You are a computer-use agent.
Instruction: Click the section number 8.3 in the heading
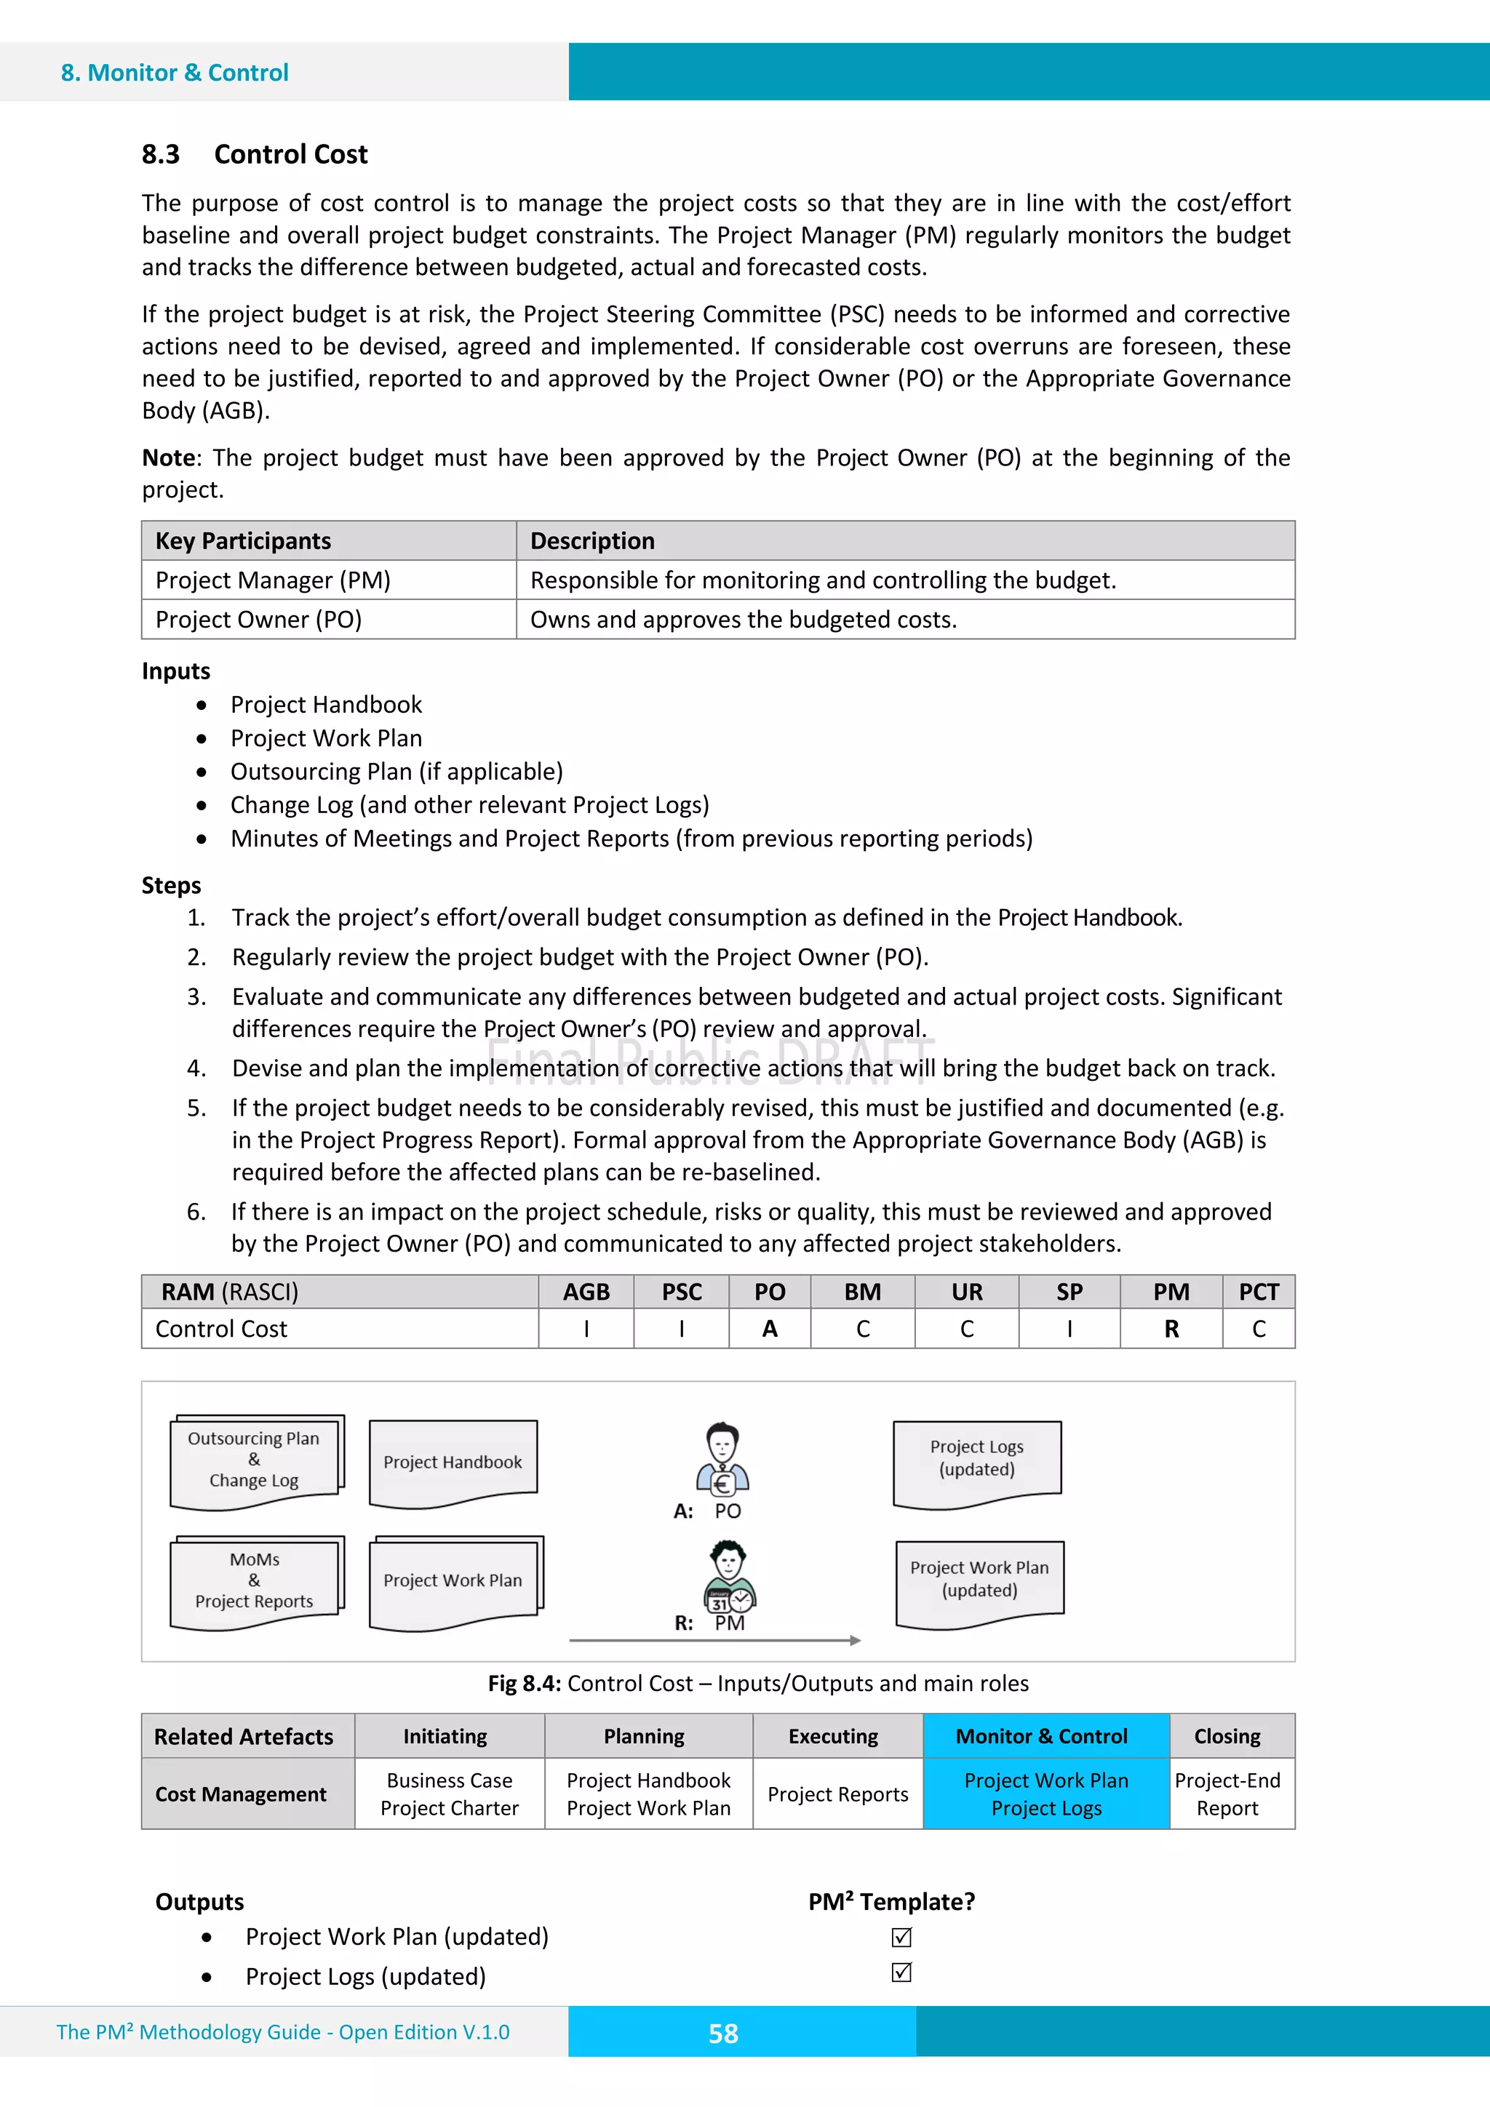tap(161, 154)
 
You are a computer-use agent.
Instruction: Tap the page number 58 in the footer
tap(722, 2034)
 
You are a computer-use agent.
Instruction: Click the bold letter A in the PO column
tap(769, 1329)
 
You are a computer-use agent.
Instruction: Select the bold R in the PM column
tap(1171, 1329)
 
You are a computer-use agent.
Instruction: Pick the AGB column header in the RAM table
tap(586, 1292)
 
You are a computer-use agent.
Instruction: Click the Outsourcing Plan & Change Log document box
tap(255, 1460)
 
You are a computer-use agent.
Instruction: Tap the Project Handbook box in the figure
tap(453, 1462)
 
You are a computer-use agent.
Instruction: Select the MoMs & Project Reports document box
tap(255, 1580)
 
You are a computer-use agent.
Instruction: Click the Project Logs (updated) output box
tap(977, 1459)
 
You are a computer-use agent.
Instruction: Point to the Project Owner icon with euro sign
tap(722, 1459)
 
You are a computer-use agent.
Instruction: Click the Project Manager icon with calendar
tap(729, 1577)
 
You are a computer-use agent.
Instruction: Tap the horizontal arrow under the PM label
tap(714, 1640)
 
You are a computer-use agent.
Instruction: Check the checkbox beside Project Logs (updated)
tap(901, 1972)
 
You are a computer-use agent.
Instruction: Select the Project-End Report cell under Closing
tap(1227, 1794)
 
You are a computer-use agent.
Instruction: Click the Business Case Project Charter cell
tap(450, 1794)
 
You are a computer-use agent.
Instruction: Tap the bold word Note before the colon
tap(169, 458)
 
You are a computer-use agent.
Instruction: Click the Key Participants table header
tap(243, 541)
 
